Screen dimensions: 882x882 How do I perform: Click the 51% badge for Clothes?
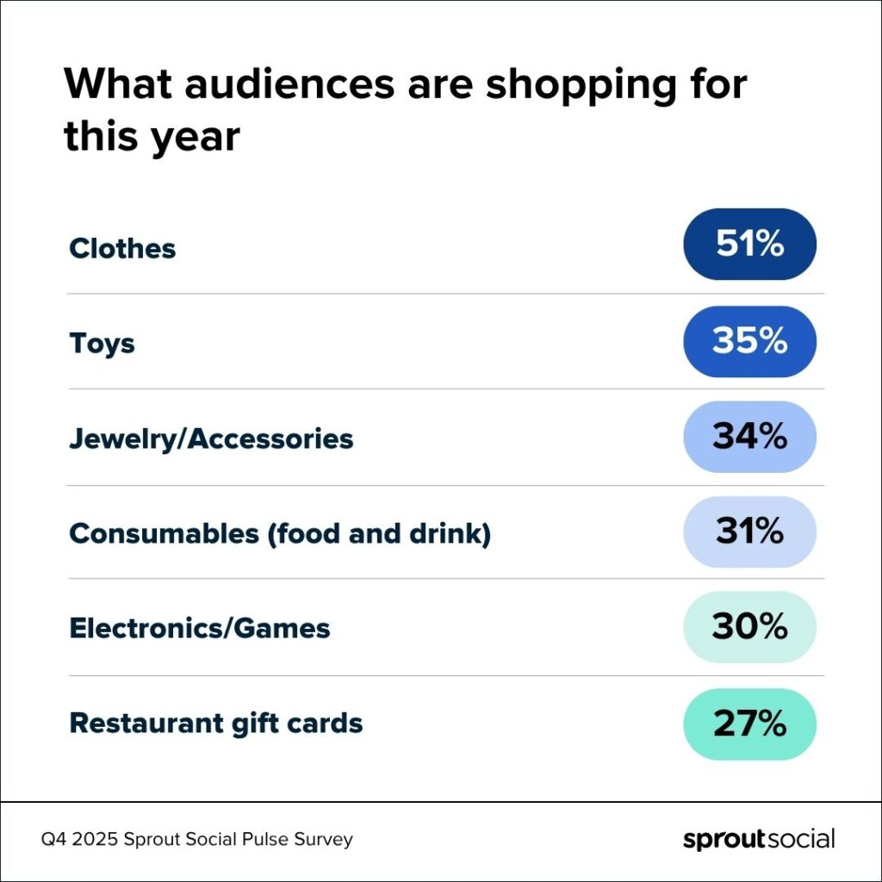[x=749, y=244]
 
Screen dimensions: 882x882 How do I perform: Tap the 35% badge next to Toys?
[x=749, y=341]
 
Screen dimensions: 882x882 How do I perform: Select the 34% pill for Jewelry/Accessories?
[x=749, y=437]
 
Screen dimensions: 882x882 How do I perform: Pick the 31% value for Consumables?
[x=749, y=532]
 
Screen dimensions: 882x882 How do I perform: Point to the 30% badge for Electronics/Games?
[x=749, y=627]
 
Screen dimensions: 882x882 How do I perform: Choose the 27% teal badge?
[x=749, y=724]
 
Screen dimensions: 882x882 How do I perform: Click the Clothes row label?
[x=122, y=249]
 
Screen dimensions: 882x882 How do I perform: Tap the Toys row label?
[x=102, y=344]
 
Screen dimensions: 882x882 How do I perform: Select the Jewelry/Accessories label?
[x=211, y=439]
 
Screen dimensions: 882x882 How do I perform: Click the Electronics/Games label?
[x=200, y=628]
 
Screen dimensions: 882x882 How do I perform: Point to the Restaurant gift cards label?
[x=215, y=724]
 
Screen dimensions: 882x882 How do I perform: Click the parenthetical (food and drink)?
[x=379, y=534]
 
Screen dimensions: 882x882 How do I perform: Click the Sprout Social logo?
[x=758, y=839]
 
